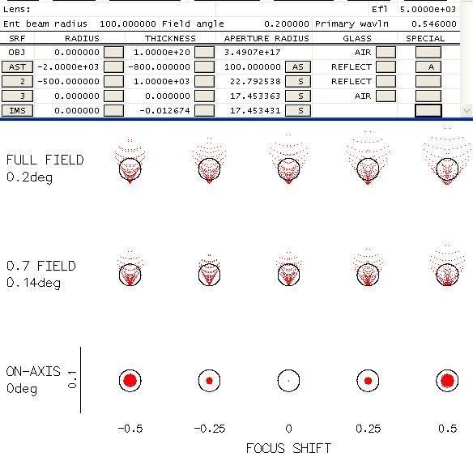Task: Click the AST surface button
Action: point(17,66)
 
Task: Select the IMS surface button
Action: point(17,110)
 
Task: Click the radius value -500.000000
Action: point(69,82)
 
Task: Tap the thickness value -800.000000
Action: point(159,66)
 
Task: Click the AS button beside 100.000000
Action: point(298,66)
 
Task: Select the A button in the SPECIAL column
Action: point(428,66)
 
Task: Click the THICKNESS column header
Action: point(170,38)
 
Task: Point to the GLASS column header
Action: point(357,38)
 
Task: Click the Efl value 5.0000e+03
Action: point(428,10)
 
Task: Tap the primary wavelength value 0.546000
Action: point(434,23)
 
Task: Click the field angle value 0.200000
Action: point(286,23)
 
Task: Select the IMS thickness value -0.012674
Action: point(164,110)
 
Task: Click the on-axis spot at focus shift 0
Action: point(288,381)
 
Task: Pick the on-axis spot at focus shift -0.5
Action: point(130,380)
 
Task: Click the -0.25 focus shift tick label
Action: point(209,429)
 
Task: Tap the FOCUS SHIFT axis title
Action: point(288,448)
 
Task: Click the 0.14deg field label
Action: point(33,283)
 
